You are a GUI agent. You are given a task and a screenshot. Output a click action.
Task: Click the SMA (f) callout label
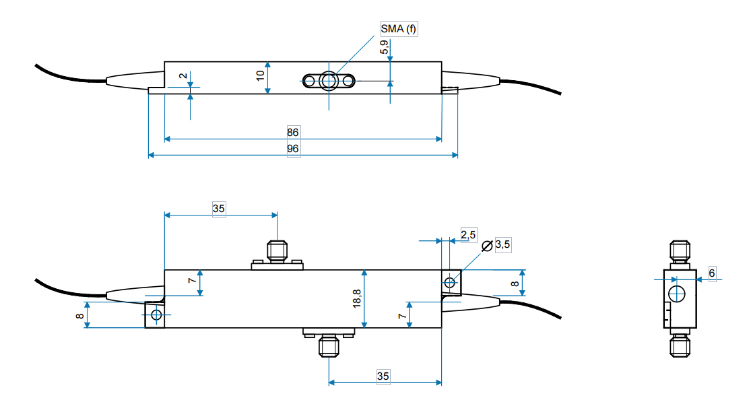click(x=399, y=28)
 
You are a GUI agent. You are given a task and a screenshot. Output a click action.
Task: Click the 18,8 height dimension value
click(x=356, y=298)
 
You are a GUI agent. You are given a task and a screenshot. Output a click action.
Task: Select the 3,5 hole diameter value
click(x=502, y=245)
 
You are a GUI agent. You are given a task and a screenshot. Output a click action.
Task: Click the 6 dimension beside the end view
click(x=712, y=273)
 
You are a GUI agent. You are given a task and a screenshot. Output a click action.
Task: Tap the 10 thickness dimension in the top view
click(x=261, y=74)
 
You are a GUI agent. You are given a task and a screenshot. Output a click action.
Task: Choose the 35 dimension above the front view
click(x=218, y=208)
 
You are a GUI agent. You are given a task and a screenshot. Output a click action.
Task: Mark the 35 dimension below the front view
click(x=383, y=376)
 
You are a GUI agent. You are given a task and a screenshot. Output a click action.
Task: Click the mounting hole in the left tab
click(x=156, y=314)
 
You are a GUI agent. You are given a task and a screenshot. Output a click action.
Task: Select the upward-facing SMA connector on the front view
click(x=277, y=252)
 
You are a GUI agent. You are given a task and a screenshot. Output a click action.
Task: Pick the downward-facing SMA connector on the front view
click(x=328, y=345)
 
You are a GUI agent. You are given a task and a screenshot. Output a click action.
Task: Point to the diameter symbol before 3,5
click(x=487, y=246)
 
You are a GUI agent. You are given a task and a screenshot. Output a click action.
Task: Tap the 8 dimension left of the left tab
click(x=79, y=314)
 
